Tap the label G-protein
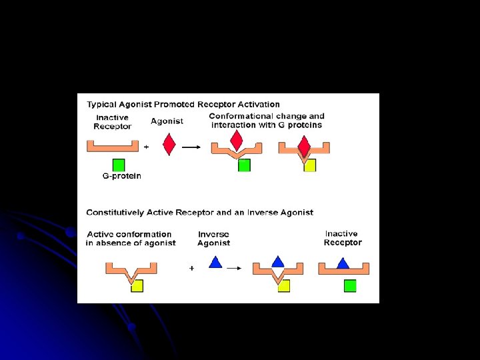pos(121,176)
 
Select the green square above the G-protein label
pos(119,165)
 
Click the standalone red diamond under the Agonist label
pos(169,144)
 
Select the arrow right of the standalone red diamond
pos(191,147)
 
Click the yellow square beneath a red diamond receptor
pos(310,165)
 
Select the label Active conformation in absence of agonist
pos(131,239)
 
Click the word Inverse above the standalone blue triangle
pos(213,234)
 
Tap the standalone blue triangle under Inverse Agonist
pos(215,263)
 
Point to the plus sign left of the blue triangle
pos(192,268)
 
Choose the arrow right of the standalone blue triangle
pos(234,268)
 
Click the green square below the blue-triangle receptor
pos(350,285)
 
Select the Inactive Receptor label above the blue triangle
pos(342,238)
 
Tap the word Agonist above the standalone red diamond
pos(167,121)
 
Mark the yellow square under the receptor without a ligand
pos(137,285)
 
